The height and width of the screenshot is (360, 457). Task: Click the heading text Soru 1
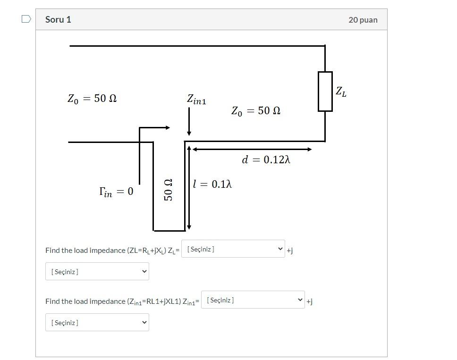click(x=58, y=19)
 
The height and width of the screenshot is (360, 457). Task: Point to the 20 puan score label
click(x=363, y=20)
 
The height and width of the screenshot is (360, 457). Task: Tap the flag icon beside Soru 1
click(x=26, y=19)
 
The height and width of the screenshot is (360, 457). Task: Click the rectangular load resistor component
click(x=325, y=92)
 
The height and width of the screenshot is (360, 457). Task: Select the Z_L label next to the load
click(x=341, y=92)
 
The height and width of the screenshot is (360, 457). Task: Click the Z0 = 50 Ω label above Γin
click(x=92, y=99)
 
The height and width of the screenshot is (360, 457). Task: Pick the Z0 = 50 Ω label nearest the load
click(x=255, y=111)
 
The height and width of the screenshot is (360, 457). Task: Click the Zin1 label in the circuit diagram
click(x=196, y=100)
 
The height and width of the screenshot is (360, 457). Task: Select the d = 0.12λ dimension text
click(x=266, y=160)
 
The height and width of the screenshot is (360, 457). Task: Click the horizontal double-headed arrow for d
click(x=252, y=149)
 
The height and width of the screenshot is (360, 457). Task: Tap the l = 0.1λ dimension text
click(x=212, y=184)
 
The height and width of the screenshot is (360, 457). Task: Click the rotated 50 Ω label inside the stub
click(x=168, y=190)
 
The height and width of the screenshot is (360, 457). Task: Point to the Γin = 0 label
click(x=116, y=192)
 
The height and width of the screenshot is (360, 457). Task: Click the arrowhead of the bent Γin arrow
click(x=167, y=127)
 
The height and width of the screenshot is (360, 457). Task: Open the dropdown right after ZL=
click(x=233, y=249)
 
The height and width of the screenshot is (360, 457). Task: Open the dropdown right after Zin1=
click(x=253, y=300)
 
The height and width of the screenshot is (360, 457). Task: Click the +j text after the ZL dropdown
click(x=289, y=251)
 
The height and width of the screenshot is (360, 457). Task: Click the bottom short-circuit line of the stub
click(x=169, y=231)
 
